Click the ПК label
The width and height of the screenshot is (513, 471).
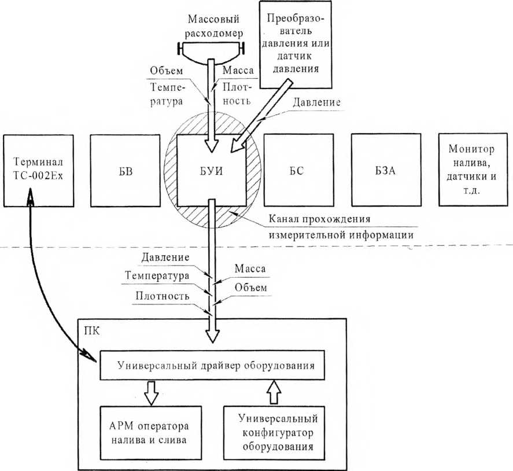(x=91, y=331)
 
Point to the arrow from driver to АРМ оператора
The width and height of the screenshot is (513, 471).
(x=151, y=393)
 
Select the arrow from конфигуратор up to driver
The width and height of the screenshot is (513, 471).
(x=274, y=392)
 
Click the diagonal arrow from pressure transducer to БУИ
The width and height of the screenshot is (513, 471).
(x=260, y=116)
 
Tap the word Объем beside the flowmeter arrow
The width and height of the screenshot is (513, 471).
(x=167, y=71)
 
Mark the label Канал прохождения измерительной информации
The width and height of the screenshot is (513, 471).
(x=341, y=227)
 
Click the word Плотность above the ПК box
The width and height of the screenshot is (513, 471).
(x=163, y=296)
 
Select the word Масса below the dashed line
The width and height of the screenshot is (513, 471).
(x=250, y=269)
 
